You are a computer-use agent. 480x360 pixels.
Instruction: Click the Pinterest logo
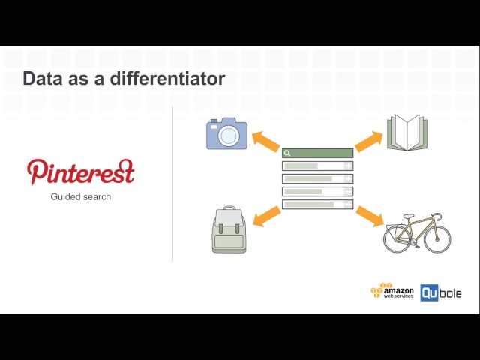[x=81, y=172]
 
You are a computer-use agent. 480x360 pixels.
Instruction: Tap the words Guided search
[x=81, y=197]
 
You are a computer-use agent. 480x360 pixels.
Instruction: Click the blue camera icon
[x=226, y=133]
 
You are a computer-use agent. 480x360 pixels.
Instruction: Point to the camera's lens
[x=229, y=136]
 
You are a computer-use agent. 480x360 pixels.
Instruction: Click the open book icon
[x=406, y=133]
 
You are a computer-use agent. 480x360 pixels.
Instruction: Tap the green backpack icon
[x=229, y=229]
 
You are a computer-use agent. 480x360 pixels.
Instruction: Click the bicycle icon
[x=417, y=232]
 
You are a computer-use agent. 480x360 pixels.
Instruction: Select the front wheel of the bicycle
[x=436, y=238]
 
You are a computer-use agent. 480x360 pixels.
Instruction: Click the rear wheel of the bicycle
[x=397, y=239]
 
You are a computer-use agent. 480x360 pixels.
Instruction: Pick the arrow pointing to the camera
[x=265, y=140]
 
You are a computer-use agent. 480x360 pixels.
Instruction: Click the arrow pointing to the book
[x=368, y=140]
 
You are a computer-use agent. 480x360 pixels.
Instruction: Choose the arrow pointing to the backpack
[x=266, y=217]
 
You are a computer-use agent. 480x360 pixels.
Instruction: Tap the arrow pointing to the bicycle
[x=368, y=216]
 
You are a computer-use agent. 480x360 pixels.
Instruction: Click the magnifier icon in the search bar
[x=287, y=153]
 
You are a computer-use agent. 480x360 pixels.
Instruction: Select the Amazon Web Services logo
[x=392, y=292]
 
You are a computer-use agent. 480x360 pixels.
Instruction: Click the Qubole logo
[x=440, y=292]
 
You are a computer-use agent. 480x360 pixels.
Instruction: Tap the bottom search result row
[x=317, y=204]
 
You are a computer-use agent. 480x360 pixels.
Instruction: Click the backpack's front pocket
[x=229, y=240]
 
